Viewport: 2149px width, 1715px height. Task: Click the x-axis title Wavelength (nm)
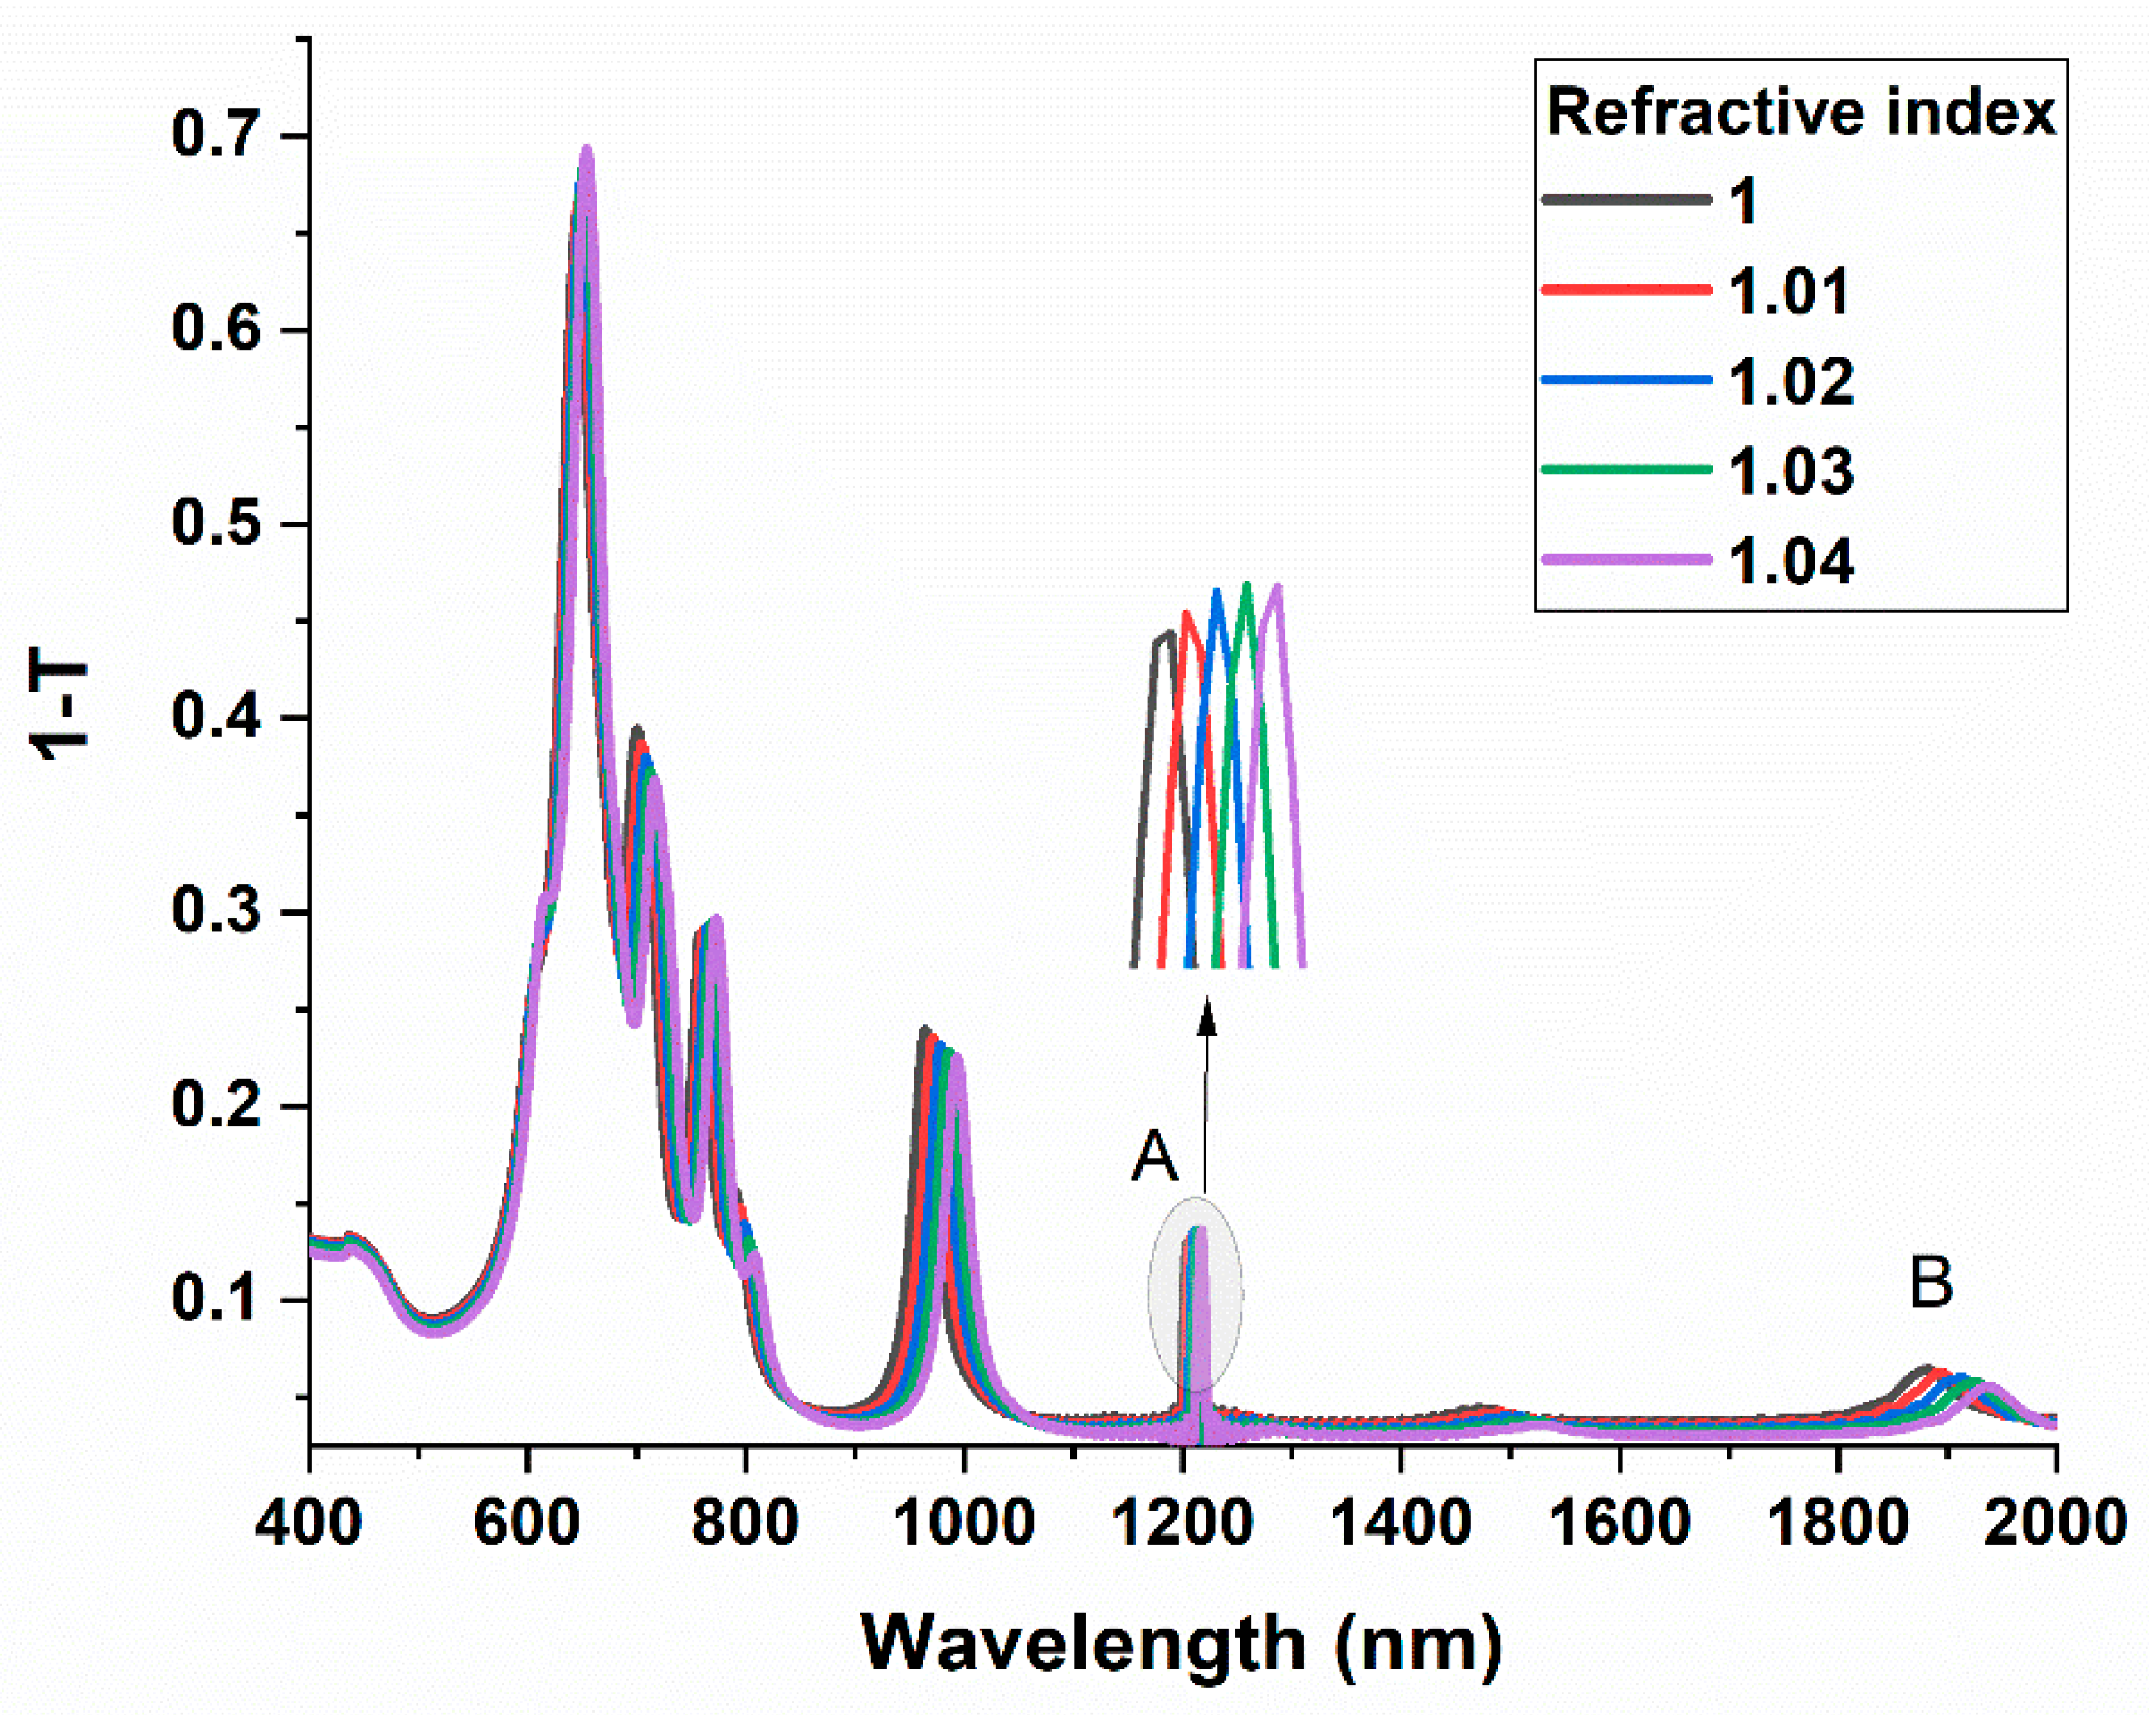point(1182,1645)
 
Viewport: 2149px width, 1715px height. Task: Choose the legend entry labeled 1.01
point(1789,291)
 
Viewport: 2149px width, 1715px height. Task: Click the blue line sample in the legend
point(1625,380)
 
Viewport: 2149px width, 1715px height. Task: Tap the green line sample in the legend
point(1625,469)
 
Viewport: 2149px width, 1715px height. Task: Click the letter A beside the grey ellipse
point(1154,1158)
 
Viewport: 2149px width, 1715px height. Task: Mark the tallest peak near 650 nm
point(586,154)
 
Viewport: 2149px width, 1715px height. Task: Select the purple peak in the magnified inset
point(1277,590)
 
